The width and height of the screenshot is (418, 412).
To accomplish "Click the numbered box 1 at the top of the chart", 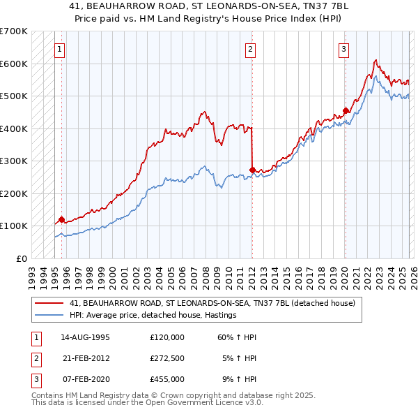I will click(61, 49).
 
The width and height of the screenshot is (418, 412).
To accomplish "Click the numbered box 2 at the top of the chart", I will click(250, 49).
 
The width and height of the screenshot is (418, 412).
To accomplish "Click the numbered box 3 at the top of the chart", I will click(344, 49).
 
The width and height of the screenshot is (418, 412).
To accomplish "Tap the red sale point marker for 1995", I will click(61, 220).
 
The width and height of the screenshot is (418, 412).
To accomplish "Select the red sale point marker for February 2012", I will click(251, 170).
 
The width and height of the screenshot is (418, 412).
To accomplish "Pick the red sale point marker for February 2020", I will click(346, 110).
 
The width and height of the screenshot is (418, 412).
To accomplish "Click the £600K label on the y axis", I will click(14, 64).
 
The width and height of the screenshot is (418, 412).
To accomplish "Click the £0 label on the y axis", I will click(20, 258).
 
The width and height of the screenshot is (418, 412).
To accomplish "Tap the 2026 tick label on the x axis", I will click(413, 274).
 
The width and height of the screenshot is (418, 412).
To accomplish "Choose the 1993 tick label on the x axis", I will click(31, 274).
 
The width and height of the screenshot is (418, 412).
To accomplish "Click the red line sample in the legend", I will click(50, 304).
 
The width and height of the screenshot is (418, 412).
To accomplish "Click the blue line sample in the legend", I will click(50, 315).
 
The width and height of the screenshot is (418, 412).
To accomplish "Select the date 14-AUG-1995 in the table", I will click(85, 337).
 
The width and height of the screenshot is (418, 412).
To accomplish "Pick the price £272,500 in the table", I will click(167, 358).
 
